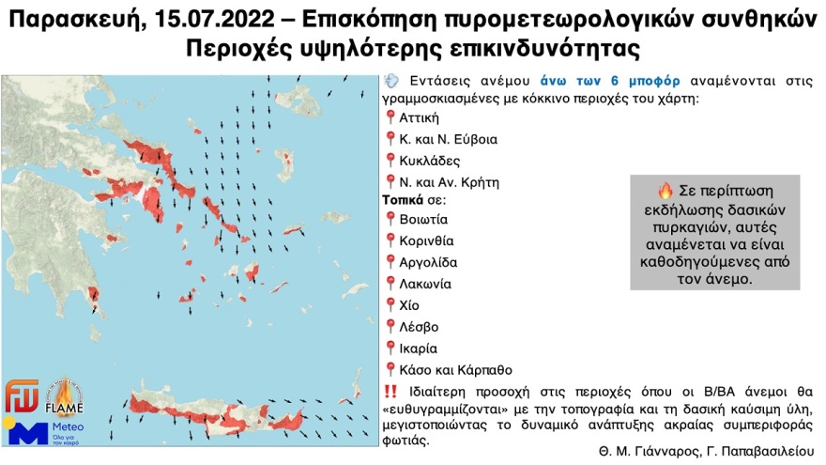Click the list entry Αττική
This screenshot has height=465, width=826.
419,118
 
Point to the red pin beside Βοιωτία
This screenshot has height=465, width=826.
390,219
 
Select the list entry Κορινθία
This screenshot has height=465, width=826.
429,240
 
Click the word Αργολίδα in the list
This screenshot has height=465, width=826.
429,261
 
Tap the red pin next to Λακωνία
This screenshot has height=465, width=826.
390,283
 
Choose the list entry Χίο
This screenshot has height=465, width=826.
409,304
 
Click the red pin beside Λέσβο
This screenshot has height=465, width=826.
390,326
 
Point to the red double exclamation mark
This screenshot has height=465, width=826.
391,391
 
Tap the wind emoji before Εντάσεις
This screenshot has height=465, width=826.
392,83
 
